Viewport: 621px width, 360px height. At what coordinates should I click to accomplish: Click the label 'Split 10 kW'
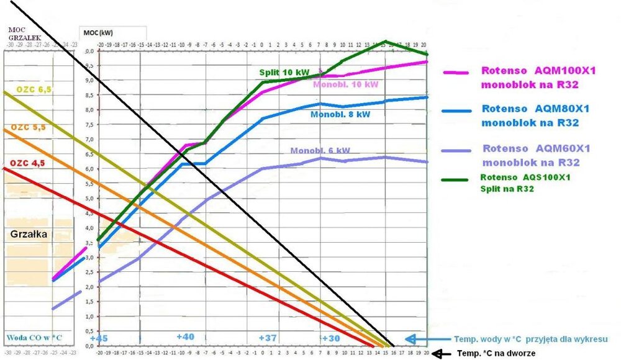tap(284, 73)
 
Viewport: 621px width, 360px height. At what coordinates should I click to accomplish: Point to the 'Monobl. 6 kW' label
tap(320, 151)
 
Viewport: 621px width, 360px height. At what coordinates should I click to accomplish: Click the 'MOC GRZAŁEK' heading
tap(17, 32)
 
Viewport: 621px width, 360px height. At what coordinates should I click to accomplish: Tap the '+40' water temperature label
tap(186, 336)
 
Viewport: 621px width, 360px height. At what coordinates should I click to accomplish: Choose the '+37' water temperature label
tap(268, 338)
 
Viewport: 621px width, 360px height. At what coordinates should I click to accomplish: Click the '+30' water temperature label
tap(331, 338)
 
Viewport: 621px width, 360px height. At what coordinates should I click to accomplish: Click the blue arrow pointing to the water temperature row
tap(417, 339)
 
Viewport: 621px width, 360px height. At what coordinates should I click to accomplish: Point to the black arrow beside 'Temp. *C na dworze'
tap(442, 353)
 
